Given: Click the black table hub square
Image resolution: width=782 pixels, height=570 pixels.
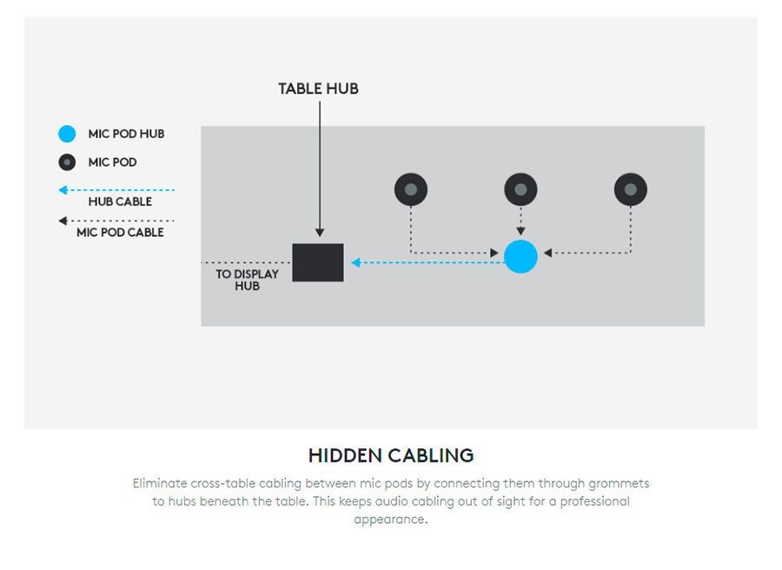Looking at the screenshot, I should point(317,262).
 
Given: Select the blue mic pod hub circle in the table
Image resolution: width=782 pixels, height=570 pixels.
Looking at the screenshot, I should point(520,256).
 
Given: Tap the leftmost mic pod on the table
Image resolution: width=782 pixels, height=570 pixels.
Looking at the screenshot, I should point(411,189).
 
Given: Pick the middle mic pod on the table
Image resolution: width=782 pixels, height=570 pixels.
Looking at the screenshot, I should point(520,189).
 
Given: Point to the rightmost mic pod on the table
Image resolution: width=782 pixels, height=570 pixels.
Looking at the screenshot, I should point(630,189).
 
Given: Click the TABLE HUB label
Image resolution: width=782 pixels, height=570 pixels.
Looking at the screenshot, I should point(318,89).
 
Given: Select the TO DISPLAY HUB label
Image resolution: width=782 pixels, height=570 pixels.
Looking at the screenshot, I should point(247,279).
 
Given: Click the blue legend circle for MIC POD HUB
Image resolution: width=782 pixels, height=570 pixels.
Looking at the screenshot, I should point(67,134).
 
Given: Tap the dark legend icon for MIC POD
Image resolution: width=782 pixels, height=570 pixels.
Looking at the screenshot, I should point(67,162).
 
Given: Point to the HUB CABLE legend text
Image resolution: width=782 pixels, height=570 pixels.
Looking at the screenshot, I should point(120,202).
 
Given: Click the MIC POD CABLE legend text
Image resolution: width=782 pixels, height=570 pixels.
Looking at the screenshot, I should point(120,233).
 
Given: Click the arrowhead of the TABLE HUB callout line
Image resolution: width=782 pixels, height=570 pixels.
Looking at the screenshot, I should point(320,233).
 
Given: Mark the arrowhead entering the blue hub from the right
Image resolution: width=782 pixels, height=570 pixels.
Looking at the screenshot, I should point(547,254).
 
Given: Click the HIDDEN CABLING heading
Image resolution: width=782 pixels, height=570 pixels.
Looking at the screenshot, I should point(391,455).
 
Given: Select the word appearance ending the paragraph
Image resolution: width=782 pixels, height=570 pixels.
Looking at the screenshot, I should point(391,520).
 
